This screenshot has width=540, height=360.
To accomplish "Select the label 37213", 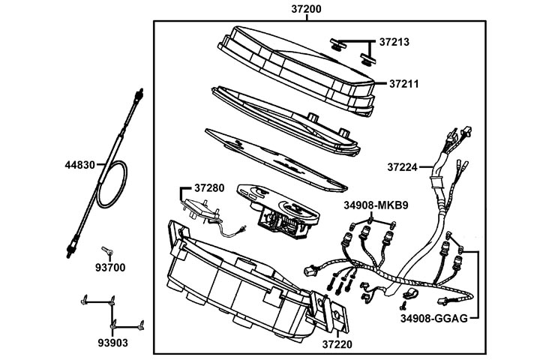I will (394, 41).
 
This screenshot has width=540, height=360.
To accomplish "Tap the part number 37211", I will (404, 82).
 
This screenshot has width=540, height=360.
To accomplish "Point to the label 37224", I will (403, 166).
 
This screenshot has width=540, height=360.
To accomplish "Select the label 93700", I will (109, 268).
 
